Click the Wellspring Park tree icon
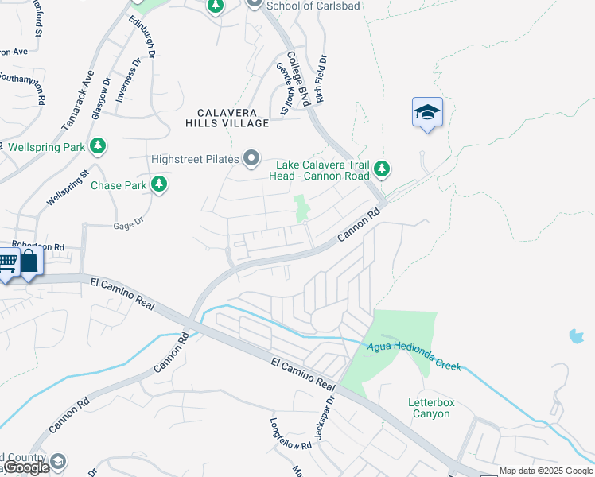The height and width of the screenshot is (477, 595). [98, 146]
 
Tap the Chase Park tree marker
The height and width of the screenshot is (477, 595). [160, 185]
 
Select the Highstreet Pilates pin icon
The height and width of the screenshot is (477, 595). [252, 159]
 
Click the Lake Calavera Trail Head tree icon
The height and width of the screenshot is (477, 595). [383, 169]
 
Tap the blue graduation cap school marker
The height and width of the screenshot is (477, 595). [427, 112]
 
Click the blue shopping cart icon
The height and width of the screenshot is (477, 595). [7, 262]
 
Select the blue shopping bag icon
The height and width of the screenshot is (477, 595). [29, 262]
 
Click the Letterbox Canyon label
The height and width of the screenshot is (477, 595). [431, 409]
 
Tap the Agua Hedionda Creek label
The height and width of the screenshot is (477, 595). [414, 355]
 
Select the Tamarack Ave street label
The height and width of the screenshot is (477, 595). [77, 101]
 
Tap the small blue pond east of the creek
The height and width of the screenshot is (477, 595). [575, 335]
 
